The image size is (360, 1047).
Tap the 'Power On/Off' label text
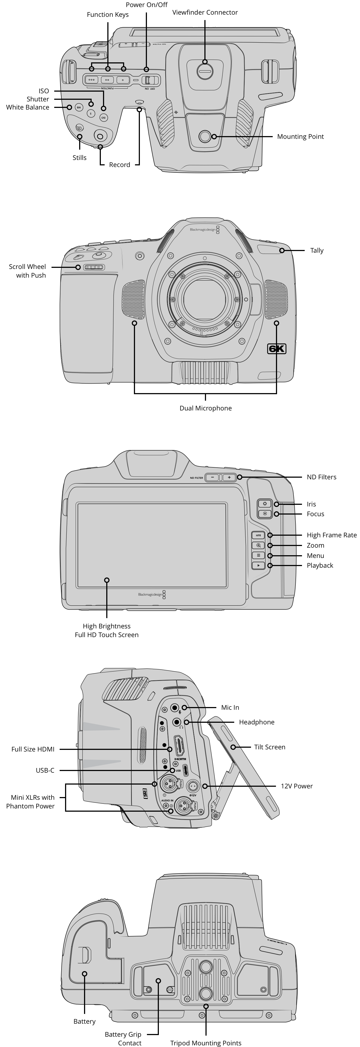(x=146, y=5)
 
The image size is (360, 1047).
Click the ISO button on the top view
(x=104, y=118)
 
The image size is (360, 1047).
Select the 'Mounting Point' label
(x=300, y=137)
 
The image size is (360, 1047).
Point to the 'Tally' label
(x=317, y=250)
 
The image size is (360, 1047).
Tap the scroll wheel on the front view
(x=94, y=267)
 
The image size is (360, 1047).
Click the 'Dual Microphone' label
(x=205, y=408)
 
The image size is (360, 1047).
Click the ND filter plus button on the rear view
(x=229, y=478)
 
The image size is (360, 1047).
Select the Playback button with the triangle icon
(x=258, y=565)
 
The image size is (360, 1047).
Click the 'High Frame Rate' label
(x=332, y=535)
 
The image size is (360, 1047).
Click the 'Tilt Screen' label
(x=269, y=747)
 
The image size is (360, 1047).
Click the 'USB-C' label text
(x=45, y=770)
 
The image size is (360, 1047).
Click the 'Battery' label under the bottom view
(x=85, y=1022)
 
